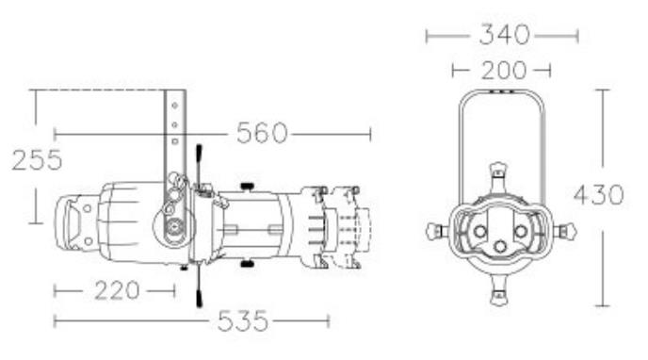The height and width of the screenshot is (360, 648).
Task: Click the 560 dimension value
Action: coord(262,133)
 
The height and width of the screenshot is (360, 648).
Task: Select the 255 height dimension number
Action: coord(37,160)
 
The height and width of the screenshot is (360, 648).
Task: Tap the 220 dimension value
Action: coord(117,290)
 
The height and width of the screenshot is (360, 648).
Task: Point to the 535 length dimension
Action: coord(243,320)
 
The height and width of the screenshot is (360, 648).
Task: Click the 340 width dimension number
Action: coord(504,35)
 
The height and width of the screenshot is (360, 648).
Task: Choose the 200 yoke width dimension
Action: coord(504,71)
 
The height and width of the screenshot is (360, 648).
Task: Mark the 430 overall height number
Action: coord(599,195)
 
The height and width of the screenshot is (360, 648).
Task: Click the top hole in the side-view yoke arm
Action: coord(174,106)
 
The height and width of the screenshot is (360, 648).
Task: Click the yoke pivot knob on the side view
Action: coord(175,226)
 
